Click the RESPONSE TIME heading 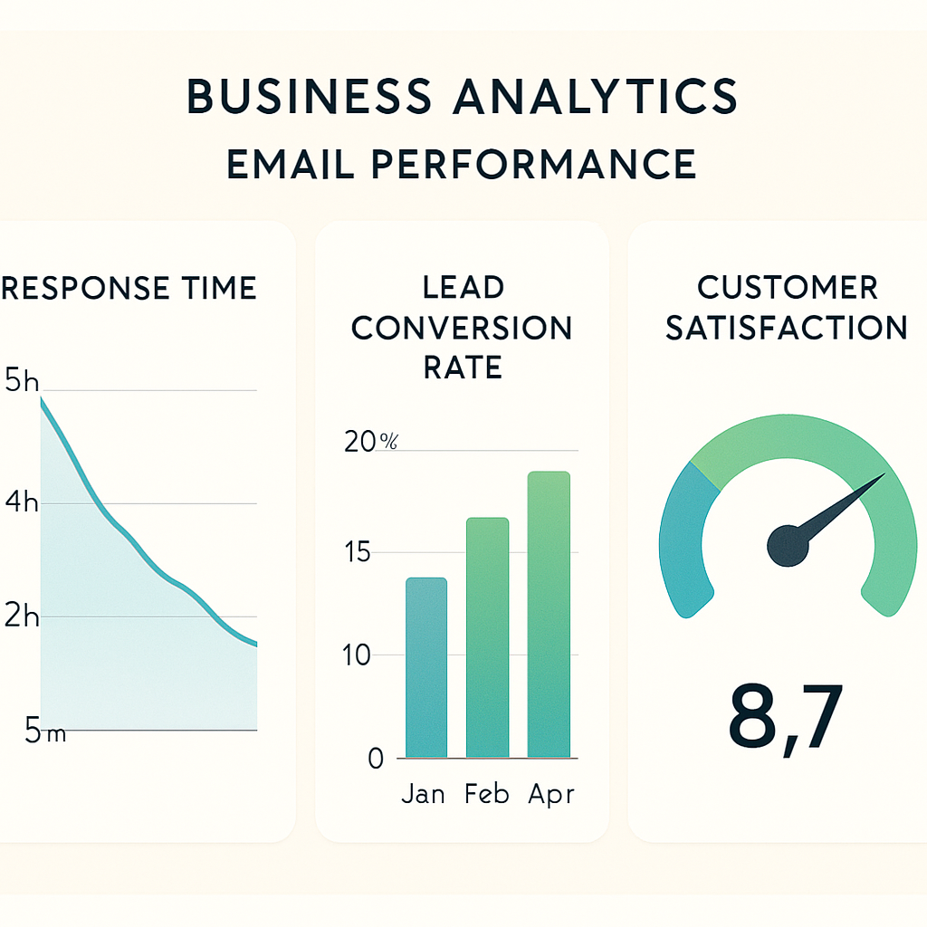tap(129, 288)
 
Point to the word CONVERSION tap(462, 328)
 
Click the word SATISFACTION tap(786, 328)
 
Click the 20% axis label tap(371, 442)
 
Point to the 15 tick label tap(358, 552)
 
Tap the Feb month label tap(488, 795)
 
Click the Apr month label tap(550, 795)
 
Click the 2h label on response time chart tap(22, 617)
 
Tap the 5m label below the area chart tap(45, 732)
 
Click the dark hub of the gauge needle tap(788, 546)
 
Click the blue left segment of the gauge tap(683, 543)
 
